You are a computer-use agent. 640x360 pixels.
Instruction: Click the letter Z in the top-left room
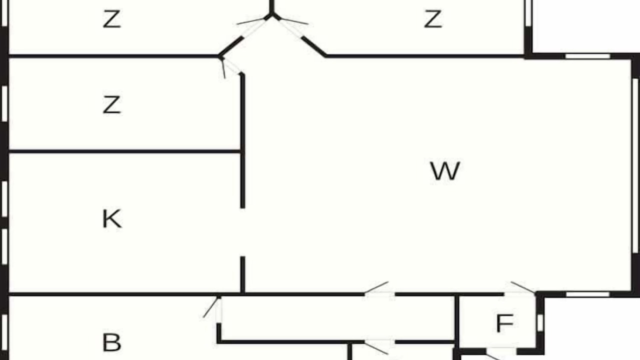coord(111,19)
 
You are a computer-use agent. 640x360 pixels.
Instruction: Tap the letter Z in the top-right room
coord(433,19)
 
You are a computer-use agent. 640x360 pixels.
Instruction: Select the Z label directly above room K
coord(111,105)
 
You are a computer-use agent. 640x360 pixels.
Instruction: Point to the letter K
coord(112,218)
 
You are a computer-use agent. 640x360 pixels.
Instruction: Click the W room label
coord(445,171)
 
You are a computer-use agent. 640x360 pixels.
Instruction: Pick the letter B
coord(111,342)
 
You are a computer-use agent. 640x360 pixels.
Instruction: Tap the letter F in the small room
coord(505,323)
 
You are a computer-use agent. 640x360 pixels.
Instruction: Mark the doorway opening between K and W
coord(242,232)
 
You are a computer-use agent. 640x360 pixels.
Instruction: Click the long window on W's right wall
coord(635,165)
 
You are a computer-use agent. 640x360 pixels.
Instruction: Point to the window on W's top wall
coord(587,56)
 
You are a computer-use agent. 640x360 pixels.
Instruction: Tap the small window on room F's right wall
coord(540,323)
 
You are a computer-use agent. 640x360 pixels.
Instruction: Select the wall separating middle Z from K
coord(124,151)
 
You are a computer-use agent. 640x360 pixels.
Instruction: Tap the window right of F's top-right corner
coord(587,294)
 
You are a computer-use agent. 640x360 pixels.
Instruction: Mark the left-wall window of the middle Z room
coord(4,103)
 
